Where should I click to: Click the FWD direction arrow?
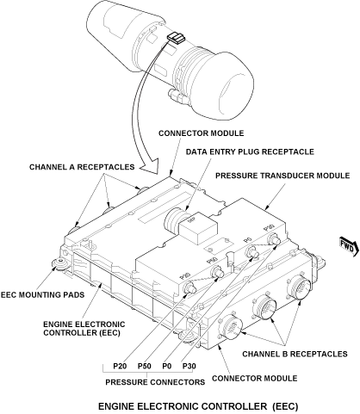[349, 246]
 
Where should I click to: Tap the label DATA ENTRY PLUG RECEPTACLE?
[250, 151]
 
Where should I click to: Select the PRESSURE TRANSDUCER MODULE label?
[282, 176]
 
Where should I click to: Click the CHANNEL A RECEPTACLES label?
[82, 167]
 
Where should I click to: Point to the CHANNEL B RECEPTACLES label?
[295, 354]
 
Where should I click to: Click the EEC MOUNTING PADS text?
[42, 294]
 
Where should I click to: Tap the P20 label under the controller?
[120, 366]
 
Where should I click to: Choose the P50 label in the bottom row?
[145, 366]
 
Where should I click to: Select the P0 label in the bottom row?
[167, 366]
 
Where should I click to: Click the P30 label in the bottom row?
[189, 366]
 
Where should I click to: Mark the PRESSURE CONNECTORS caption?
[155, 382]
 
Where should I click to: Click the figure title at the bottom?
[198, 406]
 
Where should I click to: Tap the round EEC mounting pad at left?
[60, 263]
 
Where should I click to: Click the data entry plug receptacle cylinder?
[175, 220]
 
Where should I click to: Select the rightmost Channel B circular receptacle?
[299, 287]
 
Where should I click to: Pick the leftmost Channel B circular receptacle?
[231, 327]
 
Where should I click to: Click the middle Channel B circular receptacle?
[264, 307]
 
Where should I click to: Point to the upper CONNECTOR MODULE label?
[202, 133]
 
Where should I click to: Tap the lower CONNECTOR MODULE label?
[255, 378]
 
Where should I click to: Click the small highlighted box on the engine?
[176, 38]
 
